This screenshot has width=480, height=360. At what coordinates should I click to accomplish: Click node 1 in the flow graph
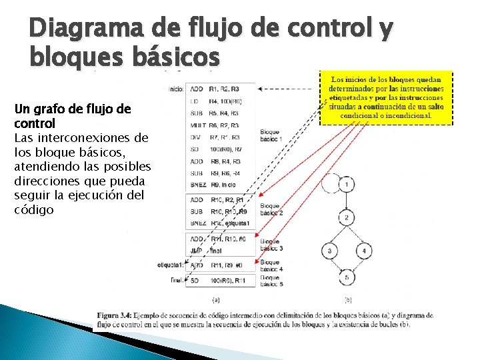347,184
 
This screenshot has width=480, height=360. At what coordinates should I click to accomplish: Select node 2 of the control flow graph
347,218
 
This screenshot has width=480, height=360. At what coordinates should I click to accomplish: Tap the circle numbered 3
329,251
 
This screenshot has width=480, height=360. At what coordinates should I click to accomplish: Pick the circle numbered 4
364,251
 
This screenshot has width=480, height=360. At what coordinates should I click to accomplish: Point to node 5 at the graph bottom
347,277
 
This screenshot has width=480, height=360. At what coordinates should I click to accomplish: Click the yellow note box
387,97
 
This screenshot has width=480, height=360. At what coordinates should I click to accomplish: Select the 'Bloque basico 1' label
271,135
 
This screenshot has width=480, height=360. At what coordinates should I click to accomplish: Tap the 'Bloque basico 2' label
271,209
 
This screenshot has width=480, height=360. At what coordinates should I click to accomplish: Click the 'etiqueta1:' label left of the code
171,265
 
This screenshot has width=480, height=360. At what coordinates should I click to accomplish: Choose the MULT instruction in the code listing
197,125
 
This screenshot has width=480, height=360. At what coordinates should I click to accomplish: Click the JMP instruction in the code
197,251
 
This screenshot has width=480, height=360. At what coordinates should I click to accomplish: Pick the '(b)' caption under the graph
348,299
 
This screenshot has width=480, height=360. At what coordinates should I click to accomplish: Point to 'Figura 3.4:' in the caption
115,315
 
